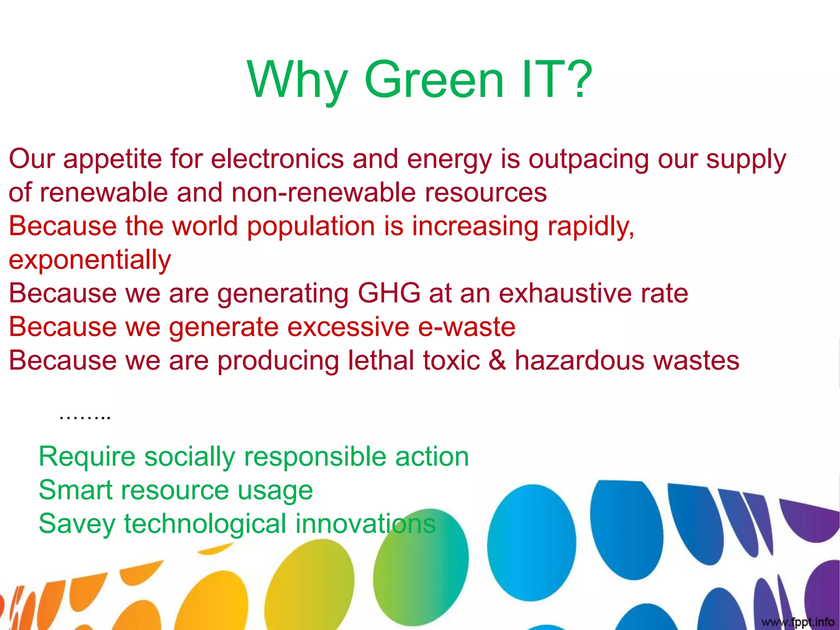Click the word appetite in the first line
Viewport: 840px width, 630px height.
coord(112,160)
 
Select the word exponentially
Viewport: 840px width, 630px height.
coord(90,261)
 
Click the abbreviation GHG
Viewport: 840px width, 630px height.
coord(389,294)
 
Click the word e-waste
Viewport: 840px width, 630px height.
coord(466,327)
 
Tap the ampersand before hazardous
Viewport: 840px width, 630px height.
coord(497,361)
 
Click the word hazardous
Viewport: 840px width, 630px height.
coord(580,361)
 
